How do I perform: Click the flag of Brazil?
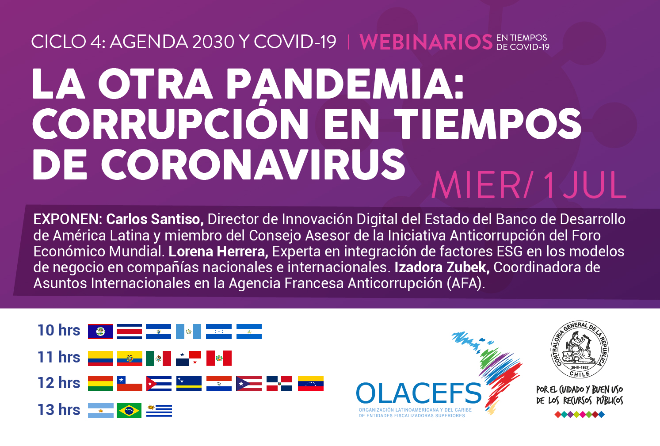pyautogui.click(x=129, y=411)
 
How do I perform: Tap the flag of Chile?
pyautogui.click(x=130, y=384)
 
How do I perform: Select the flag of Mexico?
pyautogui.click(x=159, y=358)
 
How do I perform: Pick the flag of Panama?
pyautogui.click(x=189, y=358)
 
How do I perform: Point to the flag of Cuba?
pyautogui.click(x=159, y=384)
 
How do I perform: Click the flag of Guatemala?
pyautogui.click(x=189, y=332)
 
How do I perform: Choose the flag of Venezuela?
pyautogui.click(x=311, y=384)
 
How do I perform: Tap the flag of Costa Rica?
pyautogui.click(x=129, y=332)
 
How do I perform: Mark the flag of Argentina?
pyautogui.click(x=101, y=411)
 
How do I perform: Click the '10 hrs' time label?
pyautogui.click(x=59, y=330)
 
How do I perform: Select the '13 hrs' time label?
pyautogui.click(x=59, y=410)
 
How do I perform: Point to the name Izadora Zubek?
pyautogui.click(x=442, y=267)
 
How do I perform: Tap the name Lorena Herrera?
pyautogui.click(x=218, y=252)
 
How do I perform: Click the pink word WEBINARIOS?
pyautogui.click(x=426, y=42)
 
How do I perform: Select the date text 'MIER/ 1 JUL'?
pyautogui.click(x=529, y=185)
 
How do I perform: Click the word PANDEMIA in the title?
pyautogui.click(x=345, y=84)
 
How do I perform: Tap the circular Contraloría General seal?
pyautogui.click(x=580, y=349)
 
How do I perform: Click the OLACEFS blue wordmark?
pyautogui.click(x=419, y=393)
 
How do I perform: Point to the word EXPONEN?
pyautogui.click(x=68, y=219)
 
